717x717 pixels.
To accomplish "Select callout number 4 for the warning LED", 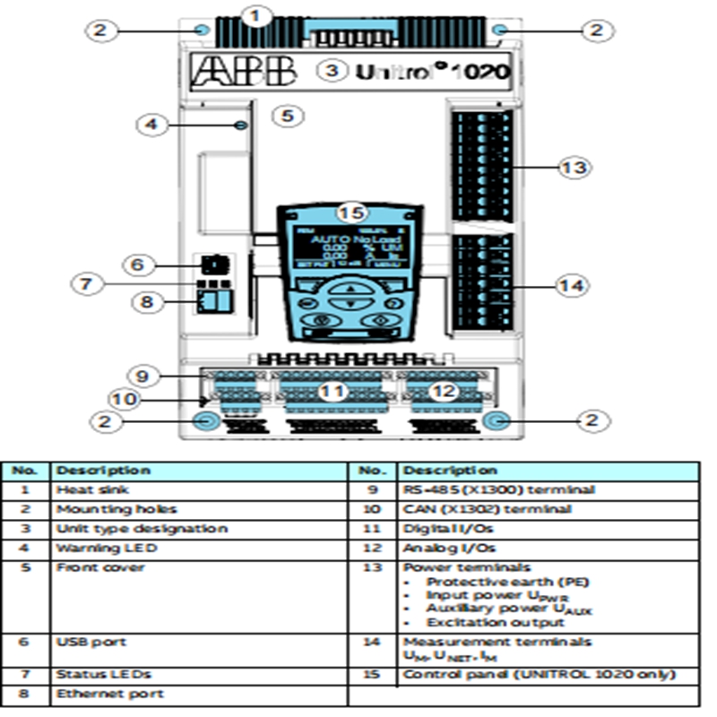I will (x=151, y=125).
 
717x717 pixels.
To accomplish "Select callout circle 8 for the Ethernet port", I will (x=146, y=302).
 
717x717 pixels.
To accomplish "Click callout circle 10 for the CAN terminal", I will (x=125, y=398).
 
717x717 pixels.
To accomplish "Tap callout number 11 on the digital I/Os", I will (x=333, y=390).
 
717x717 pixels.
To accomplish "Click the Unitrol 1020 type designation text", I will (x=433, y=70).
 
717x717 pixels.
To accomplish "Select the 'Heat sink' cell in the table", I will (x=82, y=490).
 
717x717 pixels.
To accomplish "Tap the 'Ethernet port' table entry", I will (x=91, y=694).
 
